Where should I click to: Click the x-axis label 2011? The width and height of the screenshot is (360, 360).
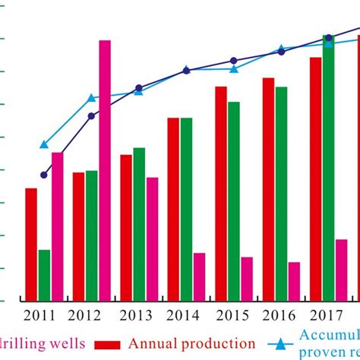(39, 314)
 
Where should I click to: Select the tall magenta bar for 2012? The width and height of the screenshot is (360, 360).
(105, 170)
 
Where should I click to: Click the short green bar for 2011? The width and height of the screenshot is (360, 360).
(45, 274)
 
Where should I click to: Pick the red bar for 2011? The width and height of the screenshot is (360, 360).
(31, 244)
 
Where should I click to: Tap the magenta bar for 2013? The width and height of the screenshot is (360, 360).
(153, 238)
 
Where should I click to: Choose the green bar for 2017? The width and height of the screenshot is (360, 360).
(328, 167)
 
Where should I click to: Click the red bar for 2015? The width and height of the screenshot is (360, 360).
(221, 193)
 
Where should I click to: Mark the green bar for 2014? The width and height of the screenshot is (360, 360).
(187, 209)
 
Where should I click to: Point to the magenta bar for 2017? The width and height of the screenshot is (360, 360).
(342, 270)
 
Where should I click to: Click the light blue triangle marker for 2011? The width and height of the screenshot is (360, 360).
(44, 144)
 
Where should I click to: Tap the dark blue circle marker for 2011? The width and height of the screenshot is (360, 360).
(44, 175)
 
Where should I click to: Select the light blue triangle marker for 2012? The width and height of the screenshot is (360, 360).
(92, 97)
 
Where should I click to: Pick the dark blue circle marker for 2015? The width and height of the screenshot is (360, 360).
(234, 60)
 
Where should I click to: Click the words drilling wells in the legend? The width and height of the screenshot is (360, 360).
(42, 343)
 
